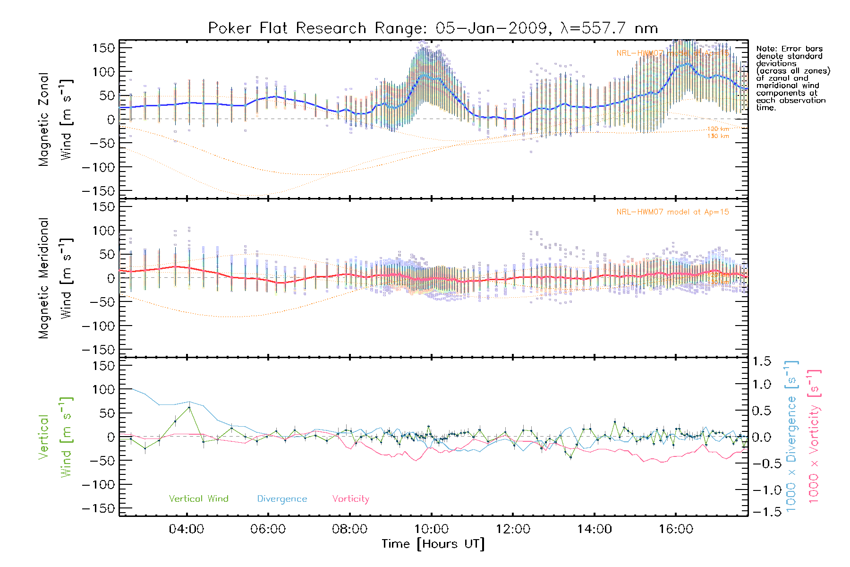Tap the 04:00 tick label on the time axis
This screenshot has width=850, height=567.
(187, 529)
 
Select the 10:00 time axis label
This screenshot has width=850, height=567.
(431, 529)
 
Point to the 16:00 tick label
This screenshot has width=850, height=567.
(676, 529)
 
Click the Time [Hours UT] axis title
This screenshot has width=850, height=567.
(433, 544)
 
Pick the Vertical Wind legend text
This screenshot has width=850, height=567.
(198, 499)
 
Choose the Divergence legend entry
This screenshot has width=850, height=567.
(282, 499)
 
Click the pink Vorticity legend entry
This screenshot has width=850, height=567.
(350, 499)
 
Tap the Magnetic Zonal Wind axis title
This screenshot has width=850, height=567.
(56, 119)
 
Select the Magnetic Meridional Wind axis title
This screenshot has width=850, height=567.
(56, 278)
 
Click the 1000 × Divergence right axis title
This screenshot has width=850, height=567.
(791, 436)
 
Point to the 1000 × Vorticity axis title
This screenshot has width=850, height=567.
(814, 436)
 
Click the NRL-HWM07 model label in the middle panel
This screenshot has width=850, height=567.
(672, 212)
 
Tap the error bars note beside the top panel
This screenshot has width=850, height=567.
(792, 78)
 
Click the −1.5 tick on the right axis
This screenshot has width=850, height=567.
(761, 512)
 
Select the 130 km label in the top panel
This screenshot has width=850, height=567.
(718, 136)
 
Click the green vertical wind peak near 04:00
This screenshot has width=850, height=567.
(189, 407)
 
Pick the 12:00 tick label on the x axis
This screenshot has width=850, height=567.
(513, 529)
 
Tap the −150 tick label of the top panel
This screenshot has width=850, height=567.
(98, 191)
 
